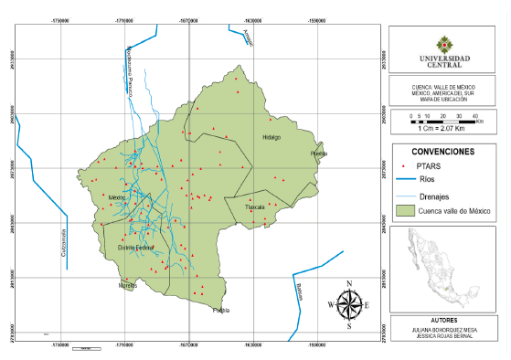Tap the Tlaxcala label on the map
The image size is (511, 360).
tap(254, 207)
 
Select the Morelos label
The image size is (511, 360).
tap(127, 286)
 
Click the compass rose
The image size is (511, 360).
tap(349, 302)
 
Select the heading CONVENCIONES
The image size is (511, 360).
tap(442, 150)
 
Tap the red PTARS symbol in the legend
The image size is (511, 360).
tap(403, 166)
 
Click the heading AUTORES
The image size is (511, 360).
tap(443, 322)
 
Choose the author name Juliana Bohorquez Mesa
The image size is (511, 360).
tap(443, 331)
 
